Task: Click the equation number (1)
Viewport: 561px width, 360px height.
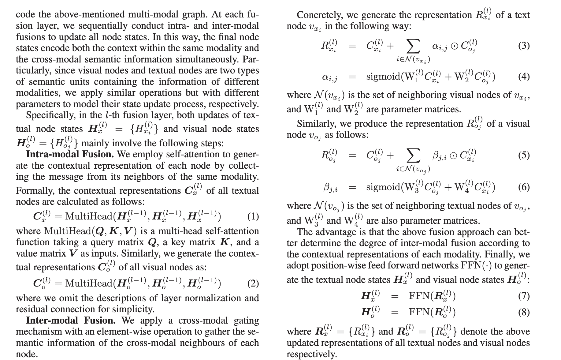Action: pos(253,217)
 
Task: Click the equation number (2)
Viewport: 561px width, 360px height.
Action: pos(253,283)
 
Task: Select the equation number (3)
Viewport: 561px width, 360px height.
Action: pos(524,46)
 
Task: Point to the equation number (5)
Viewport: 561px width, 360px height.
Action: pos(524,155)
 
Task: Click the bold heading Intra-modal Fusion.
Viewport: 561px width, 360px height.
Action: pos(70,154)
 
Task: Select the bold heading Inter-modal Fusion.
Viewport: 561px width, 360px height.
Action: pos(71,320)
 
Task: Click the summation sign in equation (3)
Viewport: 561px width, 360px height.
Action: pos(413,46)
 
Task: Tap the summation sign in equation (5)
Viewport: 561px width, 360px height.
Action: pos(413,156)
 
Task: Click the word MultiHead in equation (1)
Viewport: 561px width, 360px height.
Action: pos(89,216)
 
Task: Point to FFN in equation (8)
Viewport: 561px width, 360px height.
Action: pos(419,312)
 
